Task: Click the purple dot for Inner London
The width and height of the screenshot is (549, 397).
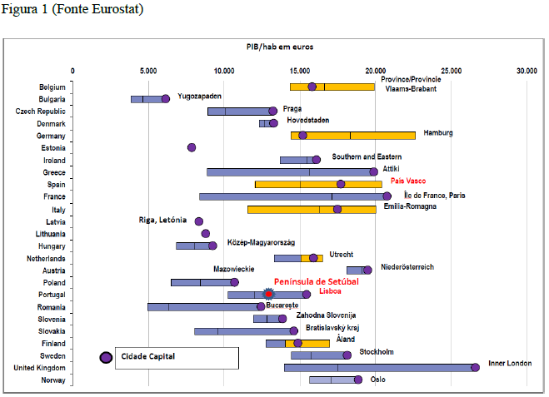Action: point(475,367)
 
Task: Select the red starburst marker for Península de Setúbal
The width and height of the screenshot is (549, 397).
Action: point(268,294)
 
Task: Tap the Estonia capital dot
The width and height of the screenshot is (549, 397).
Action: point(192,147)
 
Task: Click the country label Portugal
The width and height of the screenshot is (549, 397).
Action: point(52,294)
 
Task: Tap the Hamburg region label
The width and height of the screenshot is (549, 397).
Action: point(438,132)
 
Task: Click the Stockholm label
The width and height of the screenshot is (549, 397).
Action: point(376,352)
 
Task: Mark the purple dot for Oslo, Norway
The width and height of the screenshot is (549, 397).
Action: point(357,380)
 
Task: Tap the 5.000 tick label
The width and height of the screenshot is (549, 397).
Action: point(147,72)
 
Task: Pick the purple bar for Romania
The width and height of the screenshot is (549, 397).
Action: point(204,306)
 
